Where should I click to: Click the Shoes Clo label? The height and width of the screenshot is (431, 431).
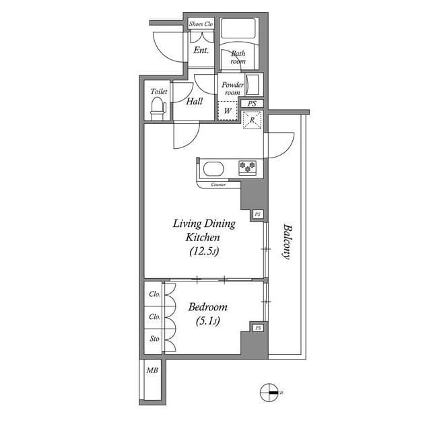coord(201,24)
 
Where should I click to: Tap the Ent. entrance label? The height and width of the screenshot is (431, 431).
coord(201,51)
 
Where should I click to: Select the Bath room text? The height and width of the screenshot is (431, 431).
coord(238,57)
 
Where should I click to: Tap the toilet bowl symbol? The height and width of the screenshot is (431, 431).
coord(158,108)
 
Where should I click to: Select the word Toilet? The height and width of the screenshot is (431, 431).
coord(159,91)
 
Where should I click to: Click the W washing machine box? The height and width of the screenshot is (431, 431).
coord(228,110)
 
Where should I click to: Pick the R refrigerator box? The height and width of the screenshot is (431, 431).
coord(253,121)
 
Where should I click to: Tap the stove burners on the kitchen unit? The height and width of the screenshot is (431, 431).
coord(246,167)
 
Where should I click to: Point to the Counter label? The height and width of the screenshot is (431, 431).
coord(218,184)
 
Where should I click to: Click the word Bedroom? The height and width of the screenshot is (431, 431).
coord(208,307)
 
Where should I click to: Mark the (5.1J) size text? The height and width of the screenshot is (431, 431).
coord(208,322)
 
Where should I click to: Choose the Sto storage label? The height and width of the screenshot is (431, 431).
coord(154,339)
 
